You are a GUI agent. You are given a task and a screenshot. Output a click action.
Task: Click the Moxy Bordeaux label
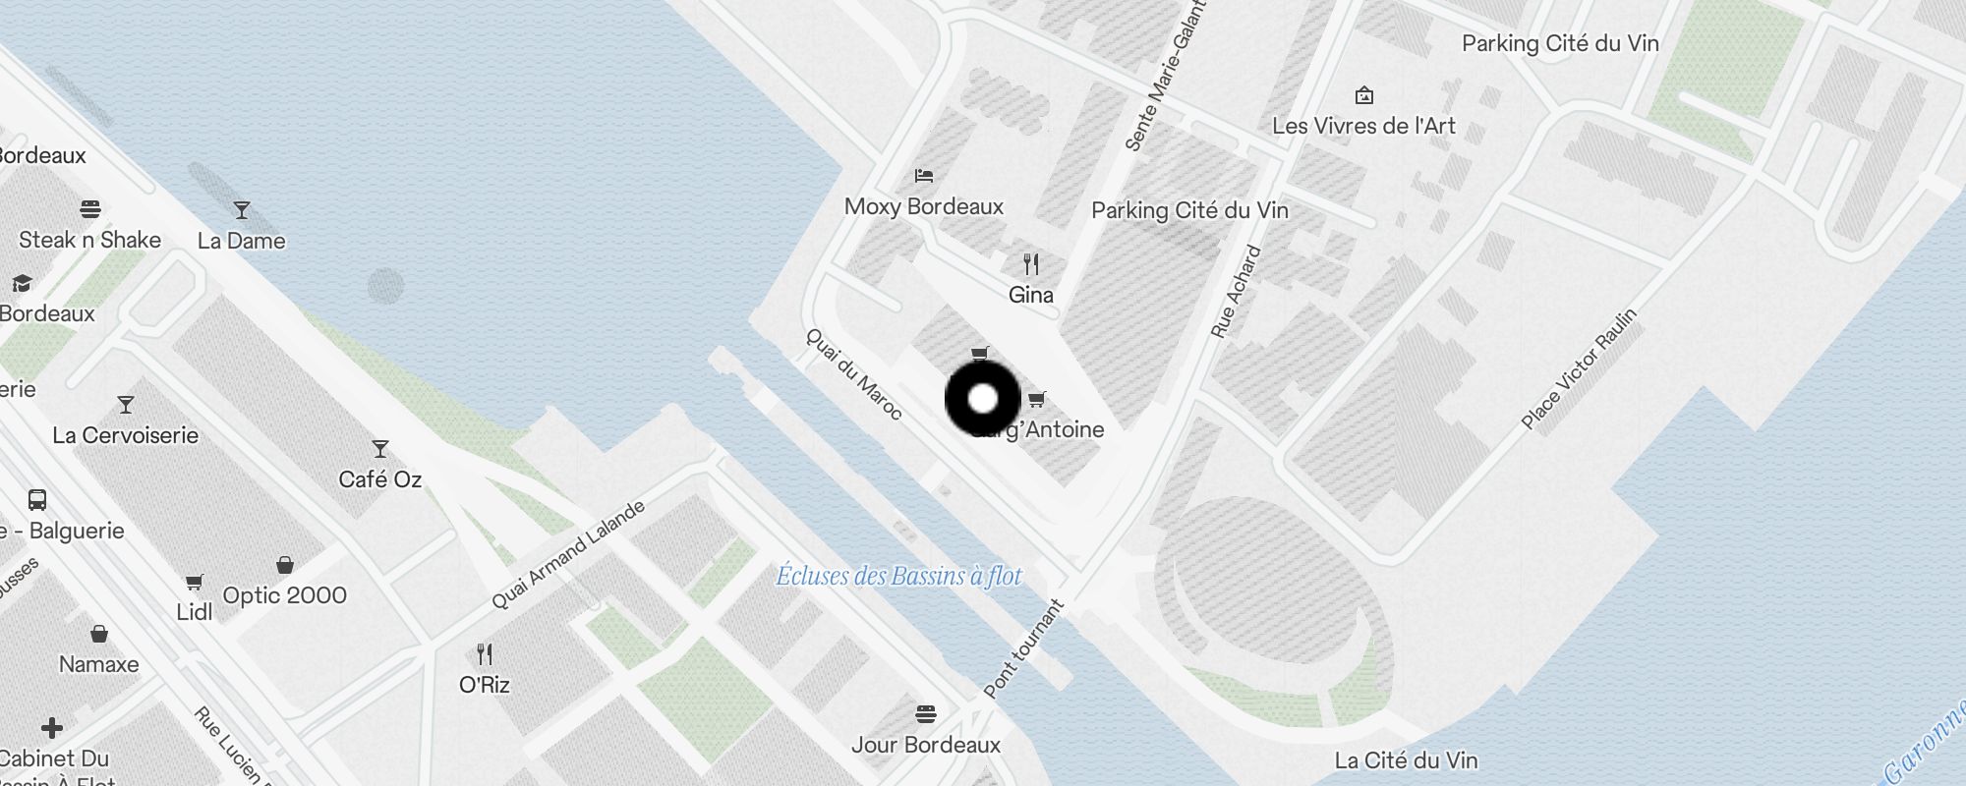point(924,206)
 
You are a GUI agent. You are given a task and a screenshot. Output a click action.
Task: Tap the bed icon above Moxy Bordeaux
point(924,176)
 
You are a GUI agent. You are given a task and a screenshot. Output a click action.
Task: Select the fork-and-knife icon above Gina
point(1030,264)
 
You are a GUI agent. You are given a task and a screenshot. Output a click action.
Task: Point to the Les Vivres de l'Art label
point(1363,126)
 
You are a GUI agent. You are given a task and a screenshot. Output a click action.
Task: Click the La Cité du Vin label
point(1406,759)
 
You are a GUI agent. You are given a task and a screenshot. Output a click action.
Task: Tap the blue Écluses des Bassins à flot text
point(898,576)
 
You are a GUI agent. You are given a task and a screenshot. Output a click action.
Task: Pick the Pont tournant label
point(1023,648)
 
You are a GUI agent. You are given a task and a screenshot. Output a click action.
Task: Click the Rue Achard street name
point(1236,292)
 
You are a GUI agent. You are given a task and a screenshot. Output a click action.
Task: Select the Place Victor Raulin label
point(1579,368)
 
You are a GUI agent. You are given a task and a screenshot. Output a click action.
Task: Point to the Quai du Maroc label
point(853,373)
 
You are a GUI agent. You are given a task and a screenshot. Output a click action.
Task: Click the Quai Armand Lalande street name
point(568,554)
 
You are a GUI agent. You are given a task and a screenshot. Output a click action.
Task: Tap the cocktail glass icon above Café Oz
point(380,449)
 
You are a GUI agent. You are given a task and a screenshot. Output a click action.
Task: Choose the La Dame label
point(241,241)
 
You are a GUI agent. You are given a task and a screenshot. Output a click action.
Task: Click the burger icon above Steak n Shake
point(90,208)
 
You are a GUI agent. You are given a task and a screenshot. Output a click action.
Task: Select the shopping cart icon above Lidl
point(195,583)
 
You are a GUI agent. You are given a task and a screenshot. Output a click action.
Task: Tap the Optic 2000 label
point(284,595)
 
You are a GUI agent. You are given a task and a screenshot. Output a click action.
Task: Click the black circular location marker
point(983,399)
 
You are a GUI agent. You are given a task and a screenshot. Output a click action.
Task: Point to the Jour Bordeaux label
point(925,745)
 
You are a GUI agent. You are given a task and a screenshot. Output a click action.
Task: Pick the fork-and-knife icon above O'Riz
point(485,654)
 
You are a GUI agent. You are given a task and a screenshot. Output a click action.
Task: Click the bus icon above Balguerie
point(37,500)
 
